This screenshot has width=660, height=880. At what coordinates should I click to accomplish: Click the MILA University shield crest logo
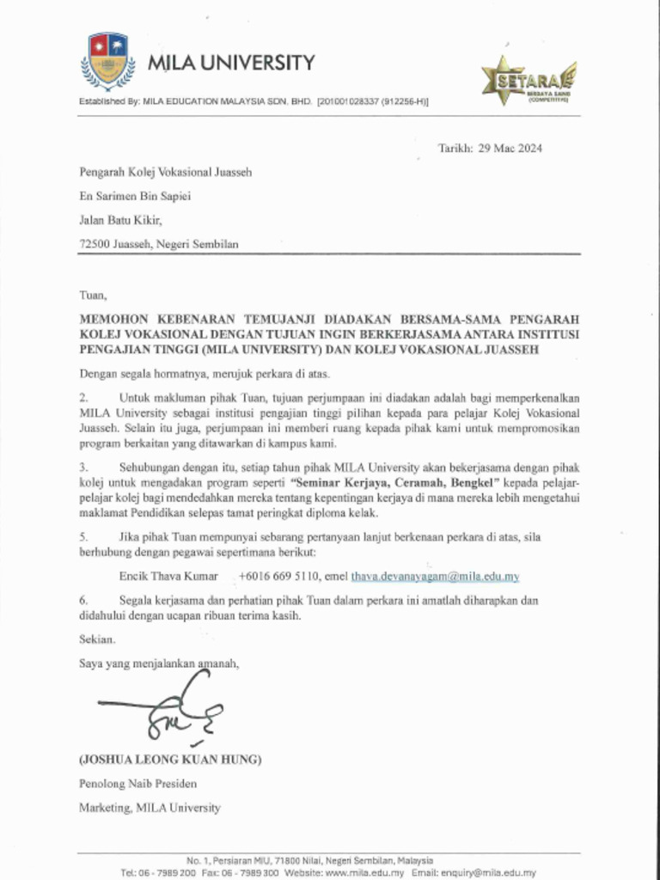point(107,60)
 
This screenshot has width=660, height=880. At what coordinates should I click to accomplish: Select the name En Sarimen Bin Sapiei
point(135,196)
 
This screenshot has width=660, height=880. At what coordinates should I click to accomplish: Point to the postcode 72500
point(95,244)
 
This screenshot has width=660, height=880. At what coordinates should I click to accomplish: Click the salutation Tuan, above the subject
point(93,295)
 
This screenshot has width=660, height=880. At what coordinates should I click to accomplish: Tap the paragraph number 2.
point(84,398)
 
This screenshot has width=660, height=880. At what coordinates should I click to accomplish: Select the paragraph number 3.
point(84,467)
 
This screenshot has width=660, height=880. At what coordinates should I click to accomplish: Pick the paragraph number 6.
point(84,601)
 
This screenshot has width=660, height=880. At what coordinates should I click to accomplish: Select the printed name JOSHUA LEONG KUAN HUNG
point(170,760)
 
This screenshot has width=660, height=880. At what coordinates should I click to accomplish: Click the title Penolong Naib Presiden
point(137,784)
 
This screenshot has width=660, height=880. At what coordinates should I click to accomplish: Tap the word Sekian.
point(96,639)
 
